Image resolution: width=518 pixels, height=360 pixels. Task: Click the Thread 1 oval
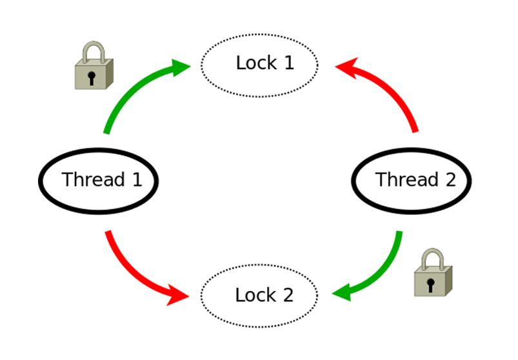pos(98,180)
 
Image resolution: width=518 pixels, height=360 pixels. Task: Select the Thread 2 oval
pos(412,180)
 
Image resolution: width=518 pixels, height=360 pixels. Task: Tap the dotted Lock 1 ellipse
pos(259,64)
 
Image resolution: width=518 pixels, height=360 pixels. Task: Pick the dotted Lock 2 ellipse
pos(259,295)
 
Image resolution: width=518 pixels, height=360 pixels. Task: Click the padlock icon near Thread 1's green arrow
pos(94,66)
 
